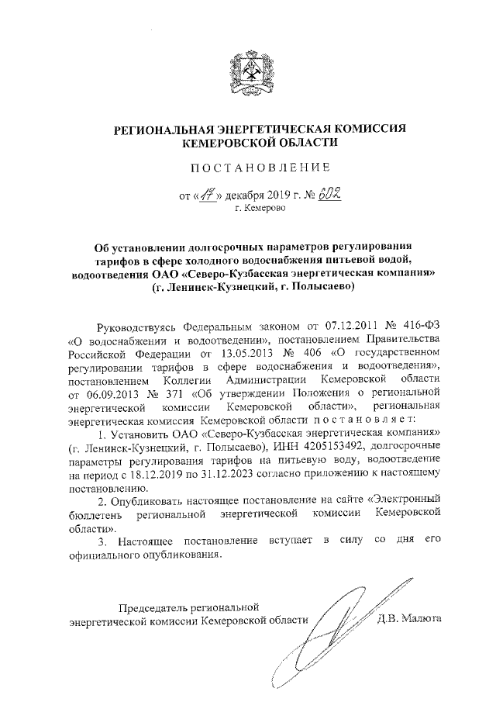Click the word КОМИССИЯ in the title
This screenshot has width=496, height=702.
pyautogui.click(x=363, y=129)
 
